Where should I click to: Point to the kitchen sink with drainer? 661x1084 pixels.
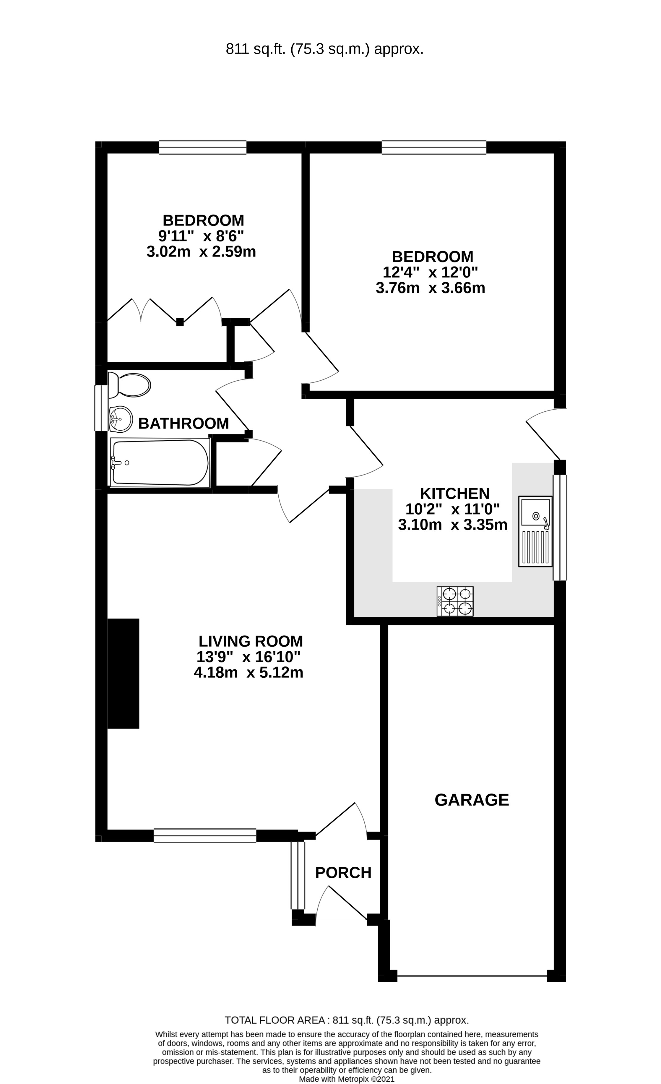pos(535,531)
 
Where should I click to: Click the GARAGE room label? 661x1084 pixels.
pos(472,799)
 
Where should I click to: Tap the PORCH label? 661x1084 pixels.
pos(343,872)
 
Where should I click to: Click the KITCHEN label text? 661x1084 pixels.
pos(454,493)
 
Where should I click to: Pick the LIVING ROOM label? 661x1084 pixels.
pos(250,641)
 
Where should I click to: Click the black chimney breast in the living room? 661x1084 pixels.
pos(124,673)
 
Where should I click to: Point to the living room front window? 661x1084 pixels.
pos(204,835)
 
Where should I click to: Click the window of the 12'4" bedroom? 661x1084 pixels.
pos(434,147)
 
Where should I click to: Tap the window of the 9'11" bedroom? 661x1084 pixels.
pos(203,147)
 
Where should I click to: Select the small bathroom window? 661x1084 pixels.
pos(101,408)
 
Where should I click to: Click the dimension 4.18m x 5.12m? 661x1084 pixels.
pos(249,673)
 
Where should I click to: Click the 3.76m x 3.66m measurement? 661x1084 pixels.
pos(430,288)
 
